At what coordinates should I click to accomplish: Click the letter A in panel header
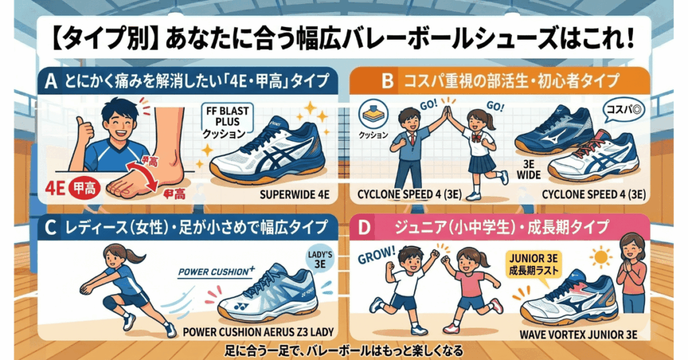pyautogui.click(x=51, y=82)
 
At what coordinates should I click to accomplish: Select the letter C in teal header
pyautogui.click(x=51, y=229)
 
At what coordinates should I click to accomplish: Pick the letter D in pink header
pyautogui.click(x=365, y=229)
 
